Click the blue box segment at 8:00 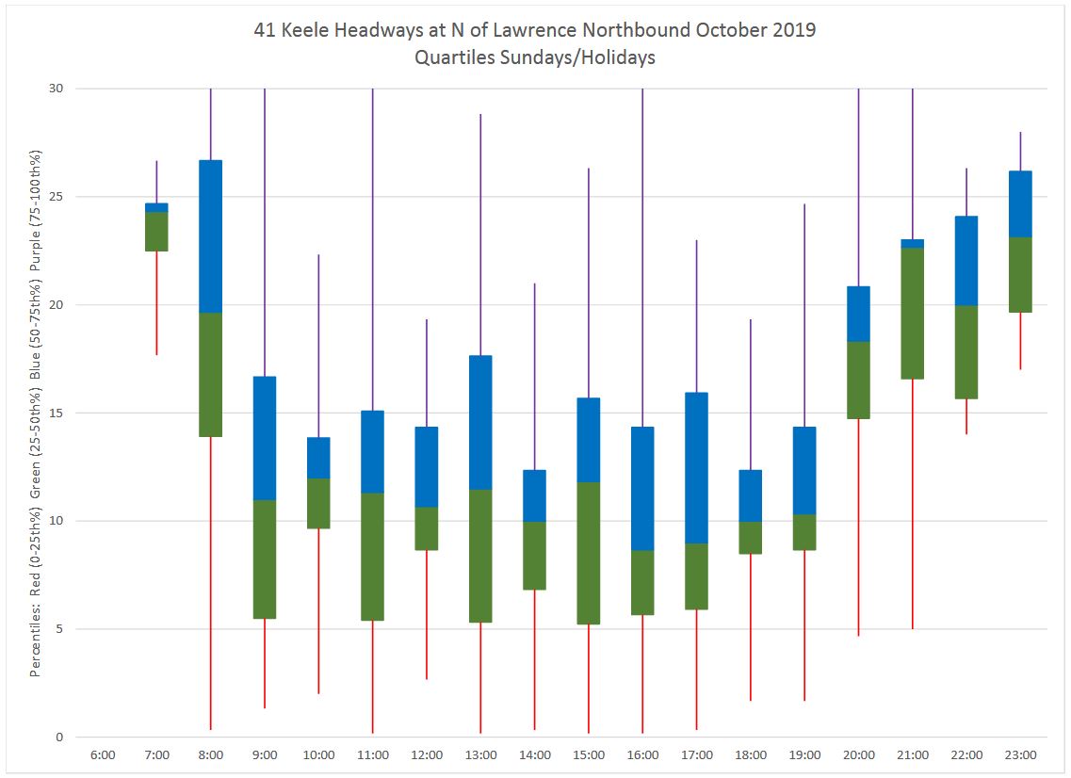pyautogui.click(x=210, y=236)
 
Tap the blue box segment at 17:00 pyautogui.click(x=697, y=468)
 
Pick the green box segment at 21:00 pyautogui.click(x=913, y=313)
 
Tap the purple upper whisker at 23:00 pyautogui.click(x=1020, y=152)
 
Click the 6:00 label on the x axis pyautogui.click(x=103, y=754)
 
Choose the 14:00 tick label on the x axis pyautogui.click(x=534, y=754)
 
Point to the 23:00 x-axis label pyautogui.click(x=1020, y=754)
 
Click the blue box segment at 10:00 pyautogui.click(x=318, y=458)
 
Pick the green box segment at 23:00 pyautogui.click(x=1020, y=274)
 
